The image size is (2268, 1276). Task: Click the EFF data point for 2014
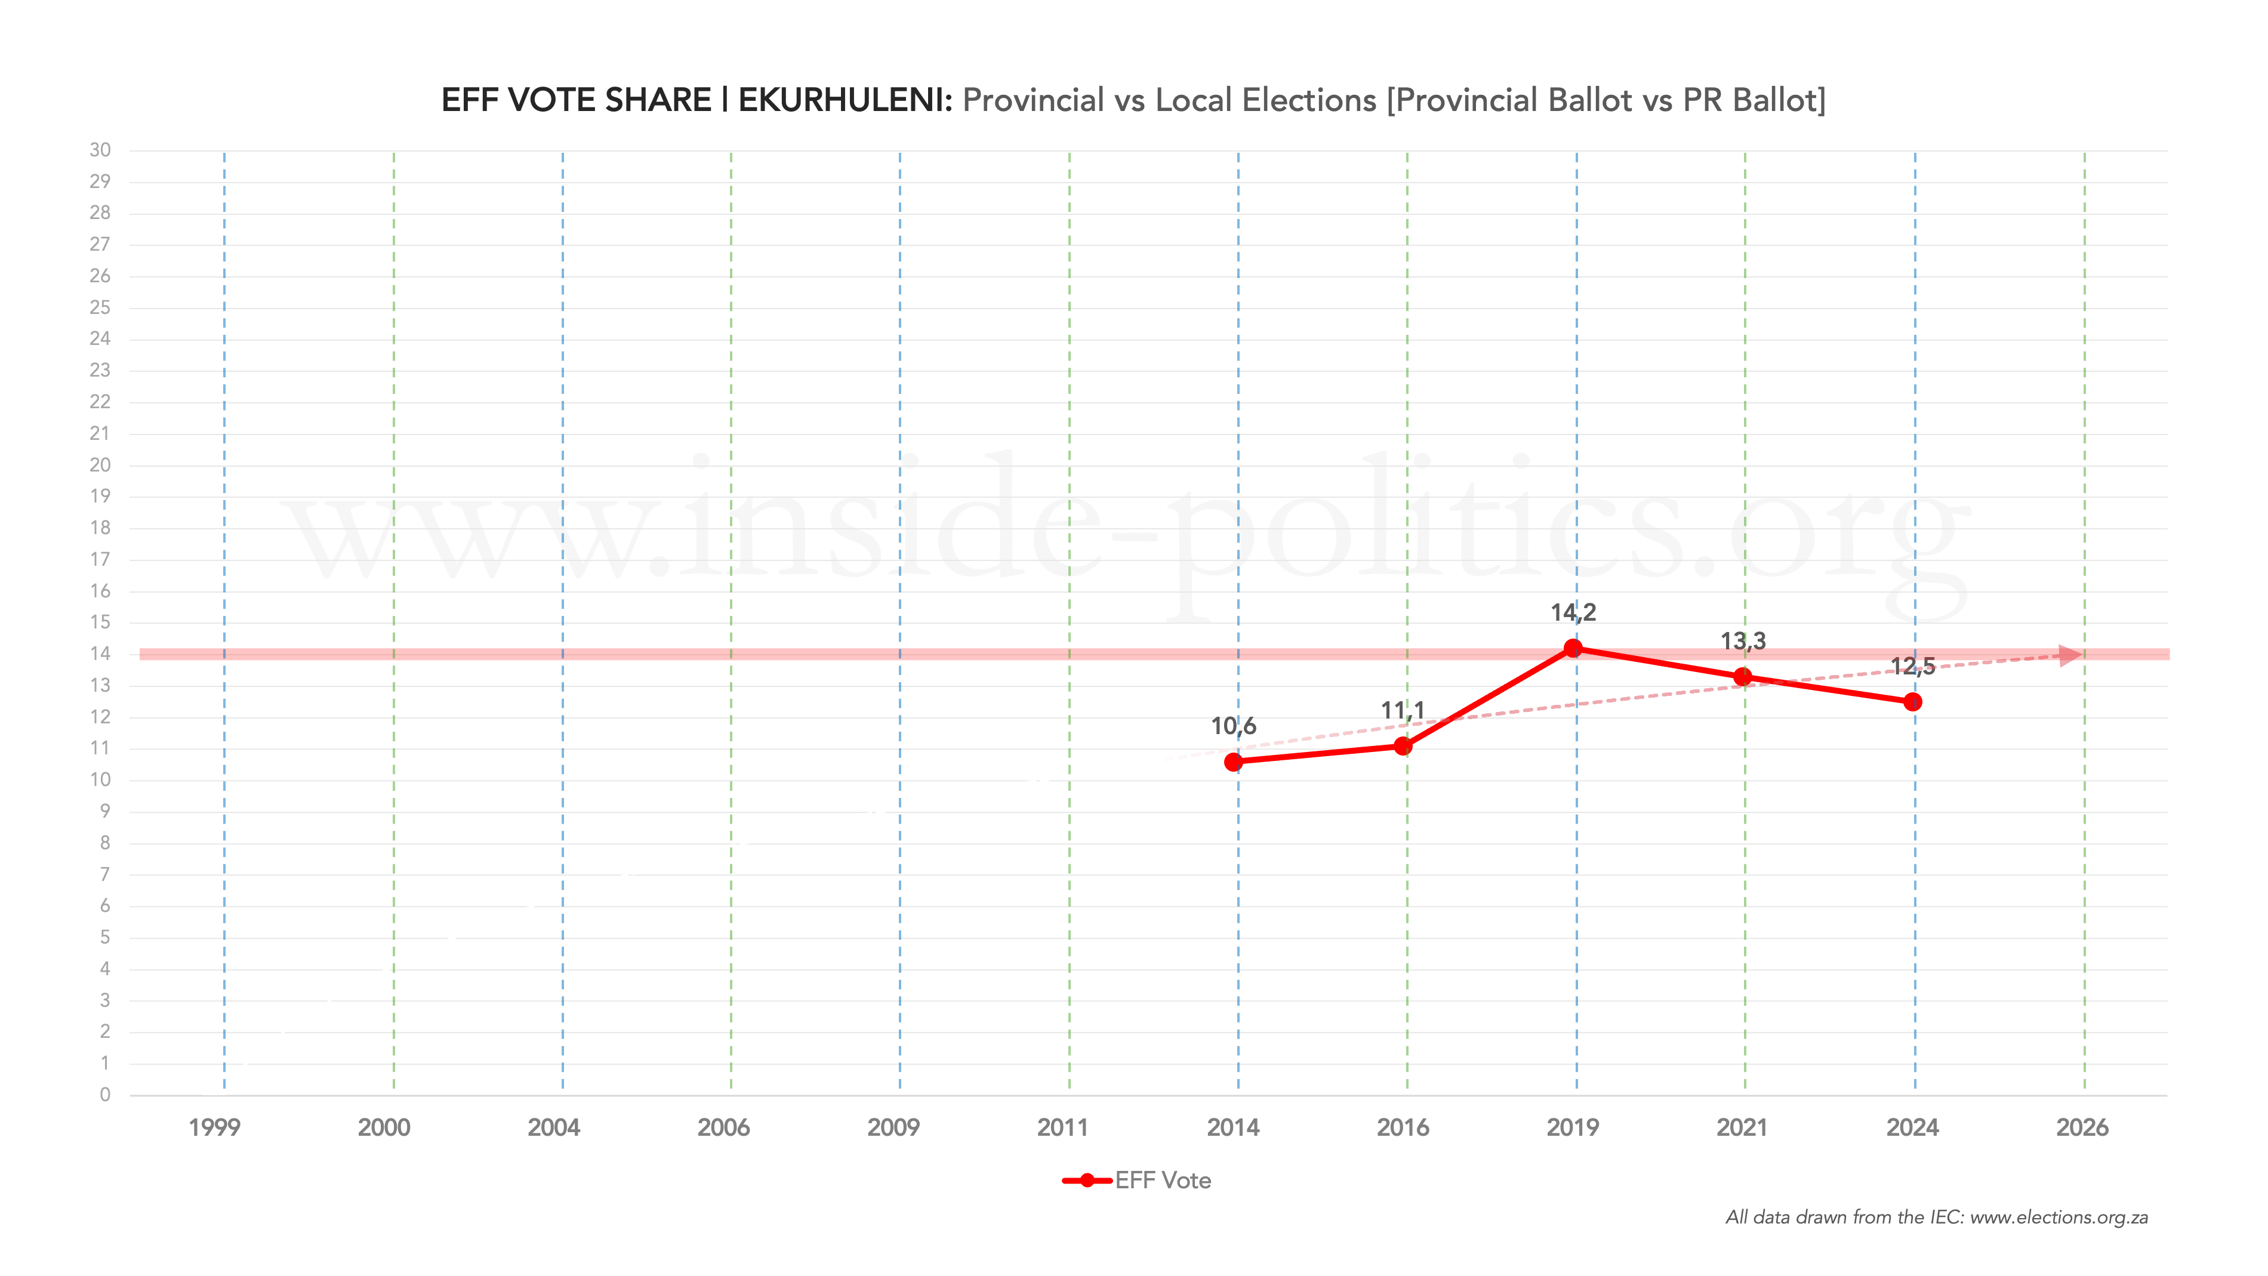coord(1234,762)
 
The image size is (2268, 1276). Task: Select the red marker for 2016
coord(1403,746)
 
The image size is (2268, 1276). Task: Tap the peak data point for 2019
coord(1573,648)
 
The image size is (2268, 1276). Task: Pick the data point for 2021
coord(1742,676)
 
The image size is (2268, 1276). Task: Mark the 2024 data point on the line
coord(1912,702)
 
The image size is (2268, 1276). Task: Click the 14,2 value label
coord(1573,612)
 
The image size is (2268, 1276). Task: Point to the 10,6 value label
coord(1234,726)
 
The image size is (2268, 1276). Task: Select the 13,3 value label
coord(1743,641)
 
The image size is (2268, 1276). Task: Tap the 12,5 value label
coord(1912,665)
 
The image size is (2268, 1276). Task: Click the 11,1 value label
coord(1403,710)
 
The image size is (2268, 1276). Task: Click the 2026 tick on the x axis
coord(2082,1127)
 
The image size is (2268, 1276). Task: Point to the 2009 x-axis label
coord(893,1127)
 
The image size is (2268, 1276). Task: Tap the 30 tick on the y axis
coord(100,150)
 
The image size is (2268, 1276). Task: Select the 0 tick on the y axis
coord(105,1095)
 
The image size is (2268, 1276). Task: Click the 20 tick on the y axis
coord(100,465)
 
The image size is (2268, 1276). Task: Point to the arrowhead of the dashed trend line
coord(2071,655)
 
